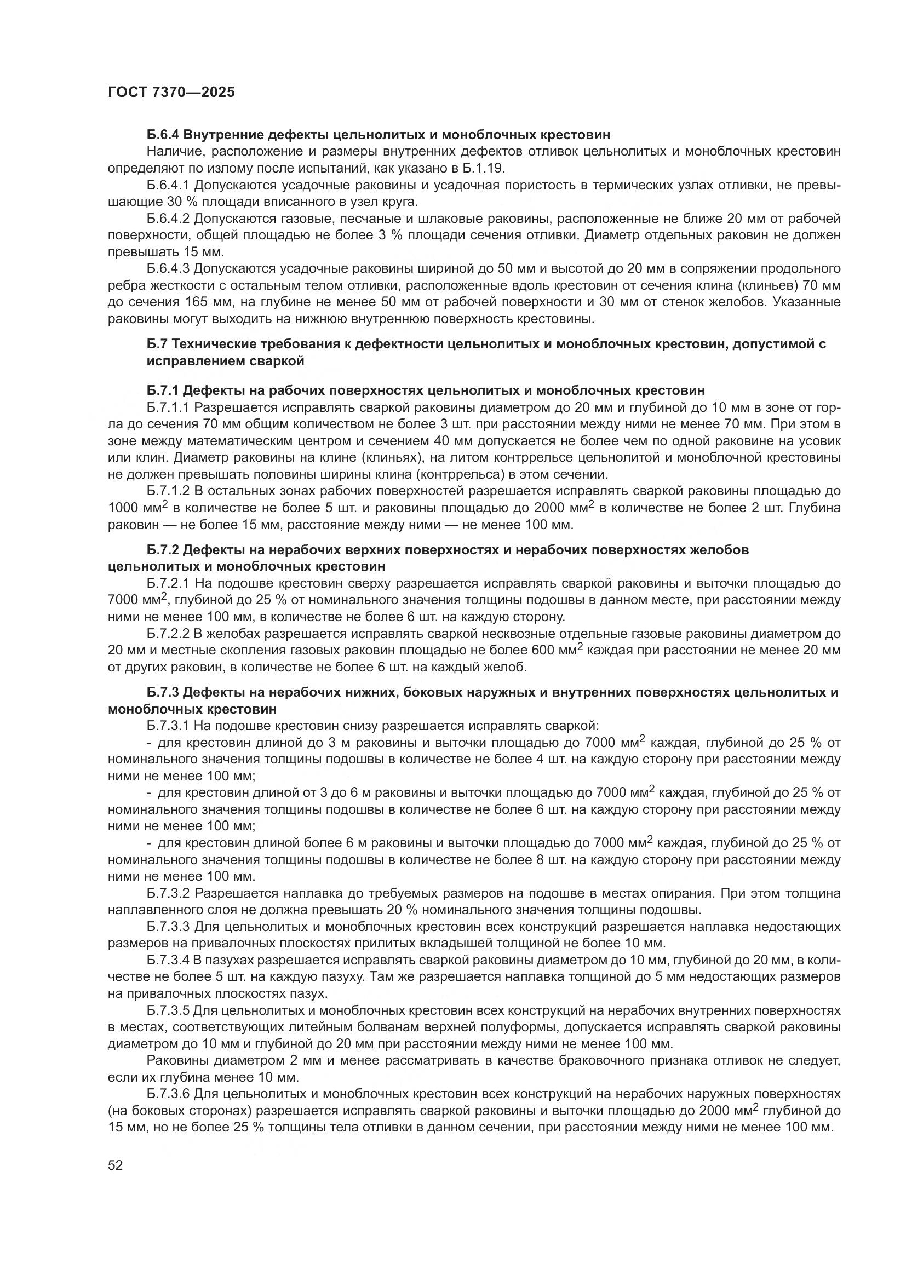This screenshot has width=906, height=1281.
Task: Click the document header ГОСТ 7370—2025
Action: click(x=171, y=93)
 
